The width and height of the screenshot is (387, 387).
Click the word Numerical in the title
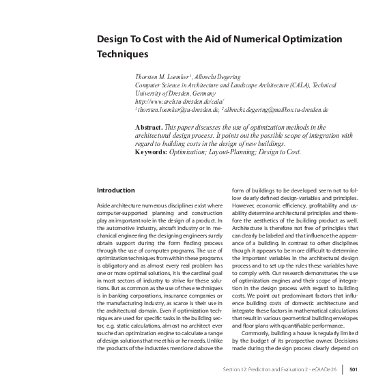244,38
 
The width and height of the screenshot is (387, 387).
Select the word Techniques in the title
122,52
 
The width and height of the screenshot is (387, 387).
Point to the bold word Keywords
151,151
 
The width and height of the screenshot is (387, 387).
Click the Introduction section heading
116,190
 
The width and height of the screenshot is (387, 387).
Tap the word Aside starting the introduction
106,205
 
